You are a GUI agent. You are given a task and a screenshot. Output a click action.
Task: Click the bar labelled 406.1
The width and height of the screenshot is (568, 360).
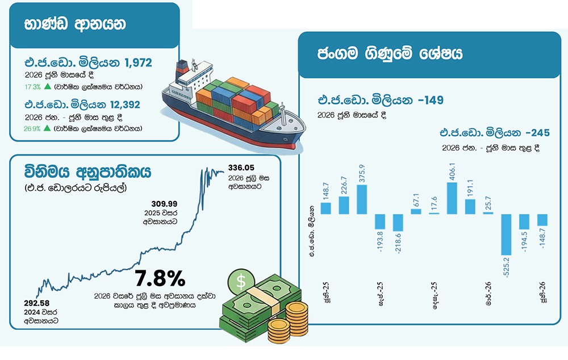[x=452, y=198]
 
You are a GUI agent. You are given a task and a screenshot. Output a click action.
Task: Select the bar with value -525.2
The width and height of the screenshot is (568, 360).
[x=506, y=235]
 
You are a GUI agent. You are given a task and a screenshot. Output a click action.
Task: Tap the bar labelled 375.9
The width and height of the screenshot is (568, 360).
[x=361, y=199]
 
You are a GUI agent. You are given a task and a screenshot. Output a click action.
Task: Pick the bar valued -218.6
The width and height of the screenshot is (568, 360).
[x=398, y=223]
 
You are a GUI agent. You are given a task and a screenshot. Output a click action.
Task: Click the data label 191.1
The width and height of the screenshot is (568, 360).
[x=470, y=188]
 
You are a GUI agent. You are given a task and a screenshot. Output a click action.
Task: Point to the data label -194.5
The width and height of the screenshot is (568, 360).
[x=524, y=241]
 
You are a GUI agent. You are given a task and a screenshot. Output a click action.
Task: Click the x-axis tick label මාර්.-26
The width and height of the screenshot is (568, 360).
[x=488, y=294]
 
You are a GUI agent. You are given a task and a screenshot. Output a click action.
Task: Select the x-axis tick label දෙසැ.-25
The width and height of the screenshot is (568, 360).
[x=435, y=295]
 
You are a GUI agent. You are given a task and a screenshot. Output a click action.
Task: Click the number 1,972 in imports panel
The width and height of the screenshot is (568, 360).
[x=138, y=62]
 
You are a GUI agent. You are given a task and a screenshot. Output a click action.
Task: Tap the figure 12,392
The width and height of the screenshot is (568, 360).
[x=125, y=104]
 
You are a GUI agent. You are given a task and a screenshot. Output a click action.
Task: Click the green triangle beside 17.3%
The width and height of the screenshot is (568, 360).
[x=48, y=86]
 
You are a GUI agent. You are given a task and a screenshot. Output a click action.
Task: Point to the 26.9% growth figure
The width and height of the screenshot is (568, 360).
[x=32, y=128]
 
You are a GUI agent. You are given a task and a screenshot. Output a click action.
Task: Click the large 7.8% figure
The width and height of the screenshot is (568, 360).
[x=160, y=278]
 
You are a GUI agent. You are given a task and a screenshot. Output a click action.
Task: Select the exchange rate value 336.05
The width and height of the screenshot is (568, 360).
[x=241, y=168]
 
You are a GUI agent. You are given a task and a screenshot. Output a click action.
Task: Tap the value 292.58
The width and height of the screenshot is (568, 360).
[x=36, y=303]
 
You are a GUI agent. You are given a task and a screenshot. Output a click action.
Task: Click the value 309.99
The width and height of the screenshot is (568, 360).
[x=164, y=204]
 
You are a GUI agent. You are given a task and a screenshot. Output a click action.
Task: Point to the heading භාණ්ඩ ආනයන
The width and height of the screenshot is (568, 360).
[x=75, y=24]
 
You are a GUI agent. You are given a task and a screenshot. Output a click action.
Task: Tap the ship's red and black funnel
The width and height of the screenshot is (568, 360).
[x=181, y=70]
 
